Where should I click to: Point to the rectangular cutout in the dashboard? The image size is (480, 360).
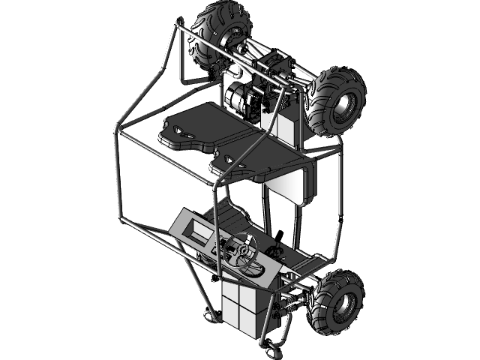[x=199, y=229]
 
